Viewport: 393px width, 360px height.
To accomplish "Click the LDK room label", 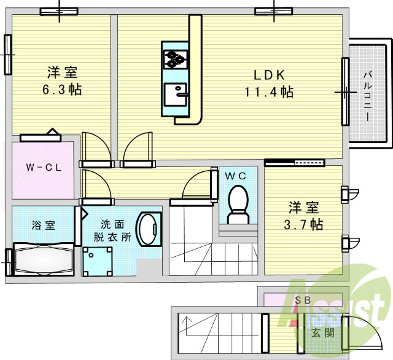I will coord(270,76).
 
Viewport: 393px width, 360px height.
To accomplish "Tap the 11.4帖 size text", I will coord(270,92).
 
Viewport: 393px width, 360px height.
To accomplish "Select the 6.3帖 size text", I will coord(62,90).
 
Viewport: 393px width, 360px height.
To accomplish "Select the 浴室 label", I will coord(42,224).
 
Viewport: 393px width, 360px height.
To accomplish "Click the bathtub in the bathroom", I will coord(42,259).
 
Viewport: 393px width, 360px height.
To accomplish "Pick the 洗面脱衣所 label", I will coord(112,231).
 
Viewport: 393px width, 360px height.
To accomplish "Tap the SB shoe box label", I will coord(303,300).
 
